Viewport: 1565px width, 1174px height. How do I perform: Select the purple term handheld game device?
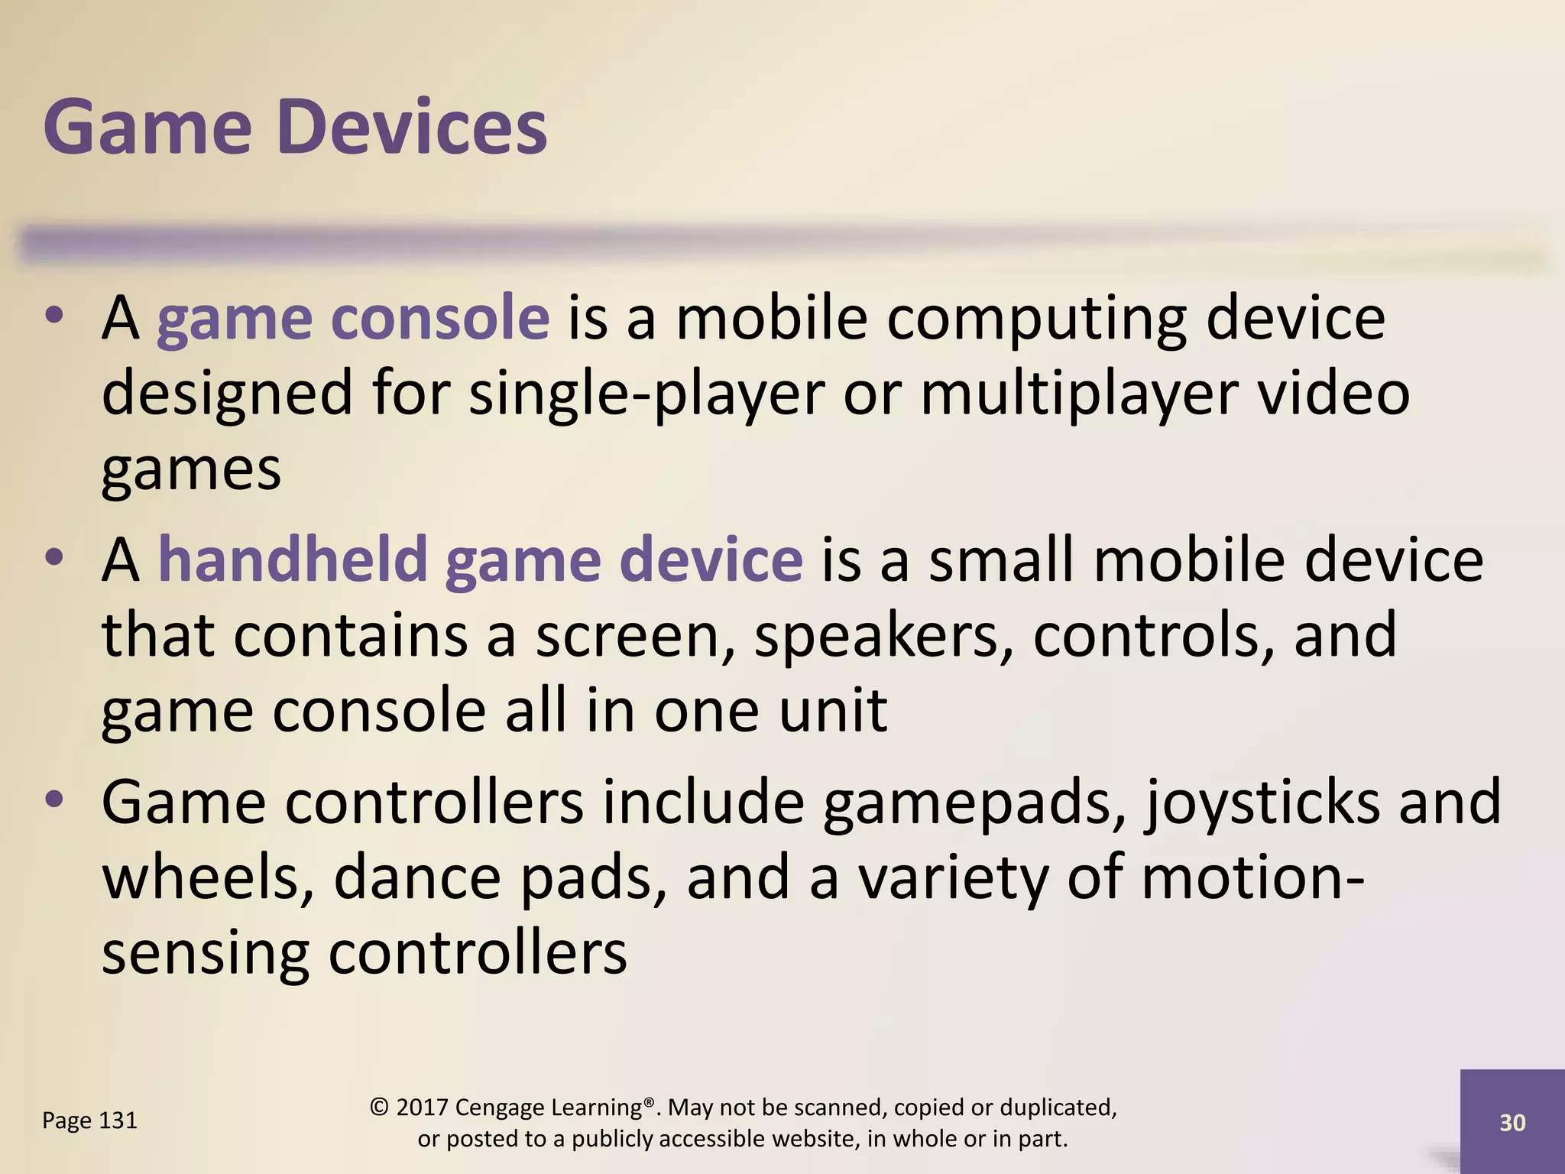click(x=480, y=560)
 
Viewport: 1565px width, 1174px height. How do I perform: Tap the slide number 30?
click(x=1512, y=1122)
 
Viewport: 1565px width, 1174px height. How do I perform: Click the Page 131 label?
click(x=89, y=1120)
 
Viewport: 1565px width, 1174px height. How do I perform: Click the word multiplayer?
click(x=1079, y=394)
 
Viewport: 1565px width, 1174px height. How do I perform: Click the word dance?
click(x=417, y=877)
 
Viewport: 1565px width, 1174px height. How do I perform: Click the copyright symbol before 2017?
click(x=379, y=1107)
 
